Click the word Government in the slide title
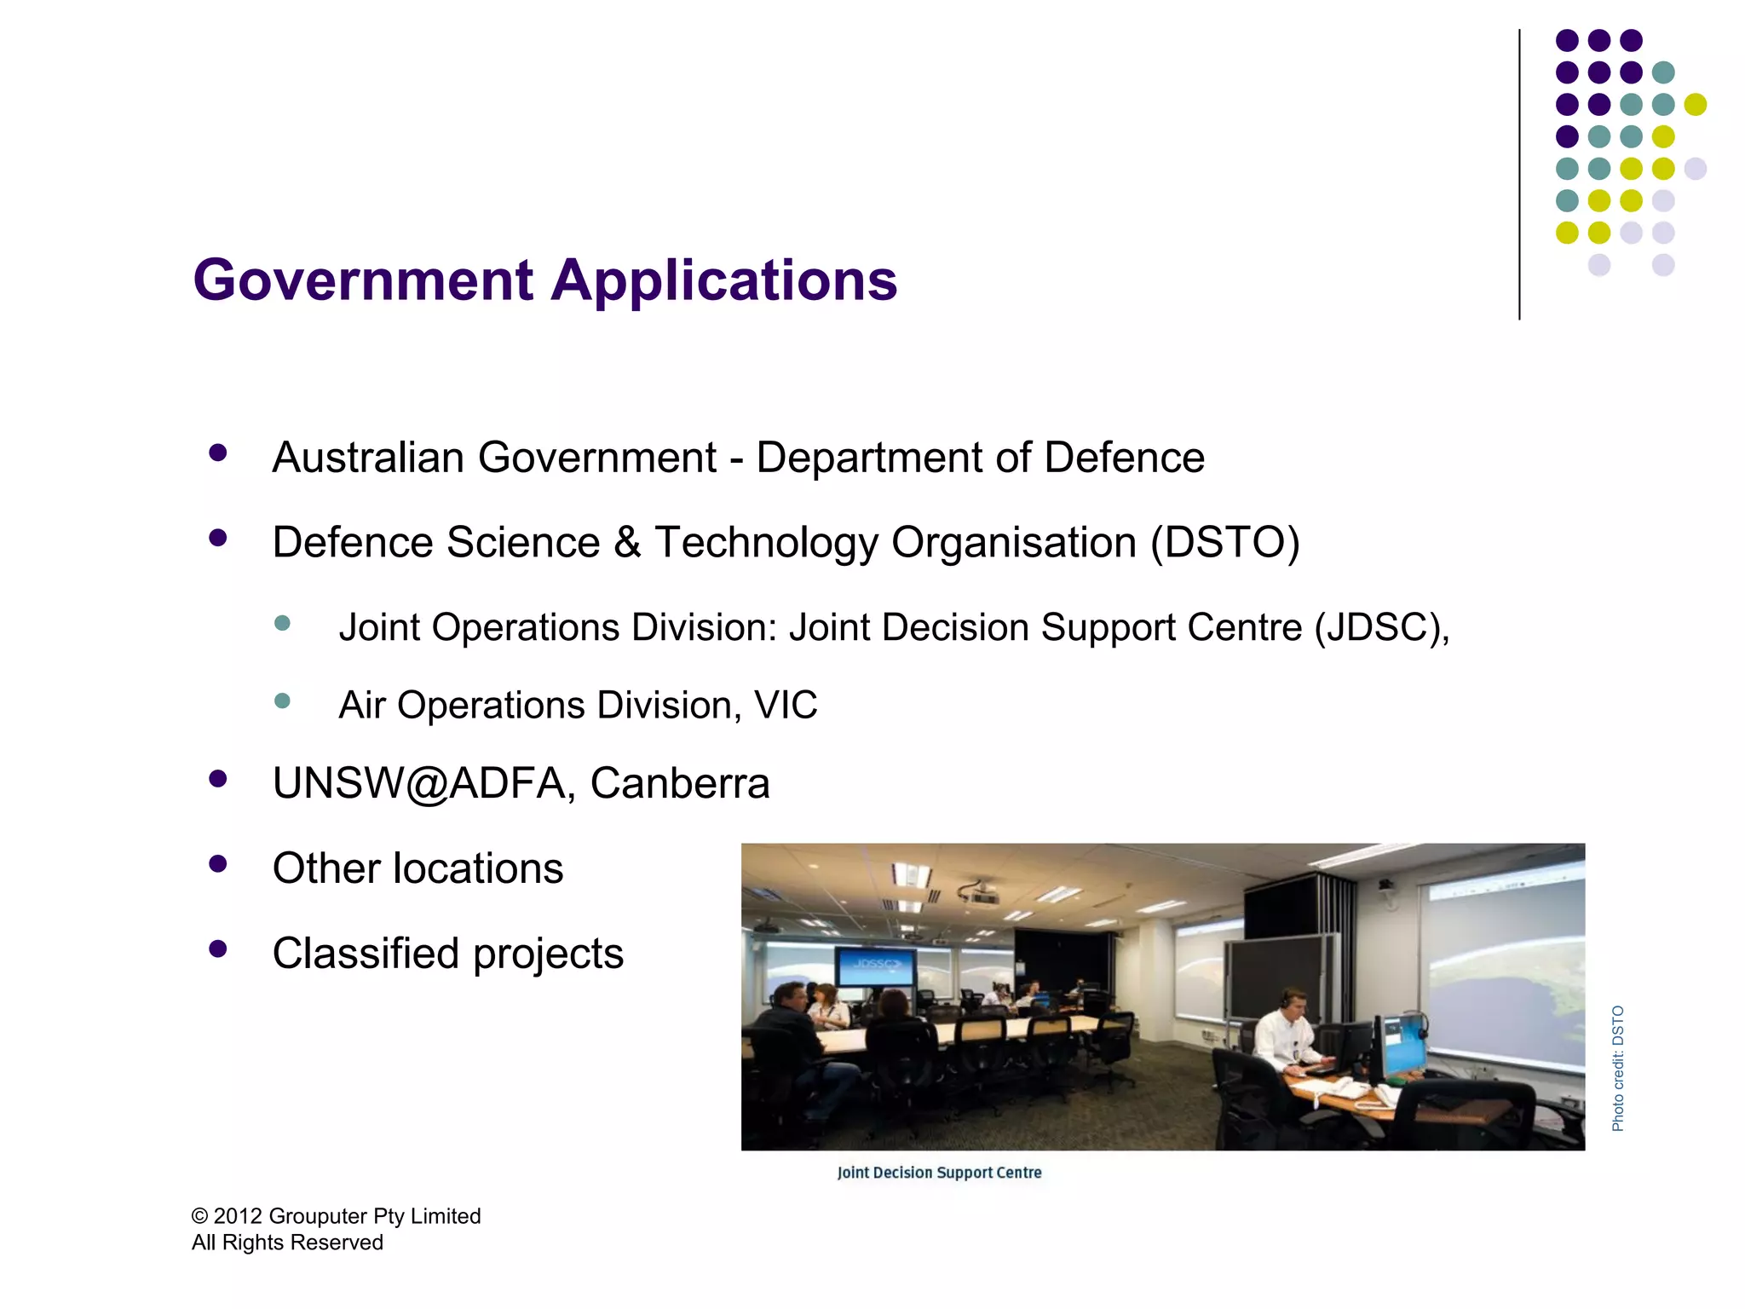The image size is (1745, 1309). [363, 280]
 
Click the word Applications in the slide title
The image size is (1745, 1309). [724, 280]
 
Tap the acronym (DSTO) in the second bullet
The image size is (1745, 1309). [1225, 543]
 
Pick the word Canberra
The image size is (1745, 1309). [680, 783]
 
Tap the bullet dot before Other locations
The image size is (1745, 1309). [218, 864]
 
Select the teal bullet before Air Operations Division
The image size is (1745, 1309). [283, 701]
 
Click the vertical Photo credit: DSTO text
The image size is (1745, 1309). [1617, 1069]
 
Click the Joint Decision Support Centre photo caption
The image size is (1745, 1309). [939, 1173]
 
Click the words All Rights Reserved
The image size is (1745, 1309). [287, 1243]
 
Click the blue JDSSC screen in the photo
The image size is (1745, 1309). [875, 966]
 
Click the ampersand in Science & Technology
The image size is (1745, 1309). [627, 543]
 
